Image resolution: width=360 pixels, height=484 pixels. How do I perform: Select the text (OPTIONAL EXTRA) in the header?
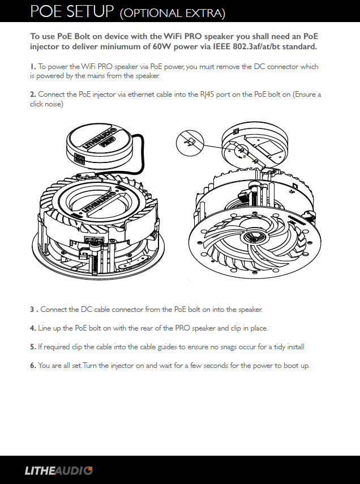coord(173,12)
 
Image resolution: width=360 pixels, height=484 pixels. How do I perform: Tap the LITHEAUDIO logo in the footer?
coord(58,470)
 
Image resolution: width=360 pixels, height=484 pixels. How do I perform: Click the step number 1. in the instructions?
coord(33,67)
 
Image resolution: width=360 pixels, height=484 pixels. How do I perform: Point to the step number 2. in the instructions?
coord(33,94)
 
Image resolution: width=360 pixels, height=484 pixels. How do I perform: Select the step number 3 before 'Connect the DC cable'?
coord(33,310)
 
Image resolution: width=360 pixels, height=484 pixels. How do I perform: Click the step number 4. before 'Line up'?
coord(33,328)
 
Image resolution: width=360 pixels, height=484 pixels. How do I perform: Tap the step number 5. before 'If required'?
coord(33,346)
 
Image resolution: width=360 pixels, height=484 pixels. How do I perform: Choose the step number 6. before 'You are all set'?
coord(33,366)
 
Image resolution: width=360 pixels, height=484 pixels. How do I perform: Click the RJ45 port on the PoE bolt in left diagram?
coord(79,162)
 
